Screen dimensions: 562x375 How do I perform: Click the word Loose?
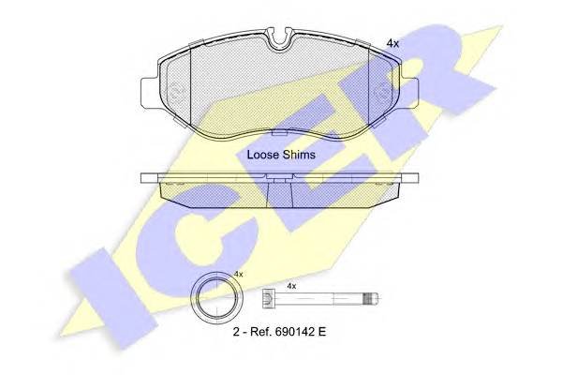(x=263, y=155)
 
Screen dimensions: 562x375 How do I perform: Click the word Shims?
(x=299, y=155)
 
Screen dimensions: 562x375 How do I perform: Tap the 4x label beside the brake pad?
(x=392, y=44)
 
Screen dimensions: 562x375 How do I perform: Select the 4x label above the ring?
(x=238, y=274)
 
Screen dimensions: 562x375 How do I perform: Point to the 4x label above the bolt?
(x=291, y=286)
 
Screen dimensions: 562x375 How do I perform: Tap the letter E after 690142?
(x=321, y=332)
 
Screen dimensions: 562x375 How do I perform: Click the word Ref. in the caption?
(x=258, y=332)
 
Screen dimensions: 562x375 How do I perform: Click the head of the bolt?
(x=267, y=297)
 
